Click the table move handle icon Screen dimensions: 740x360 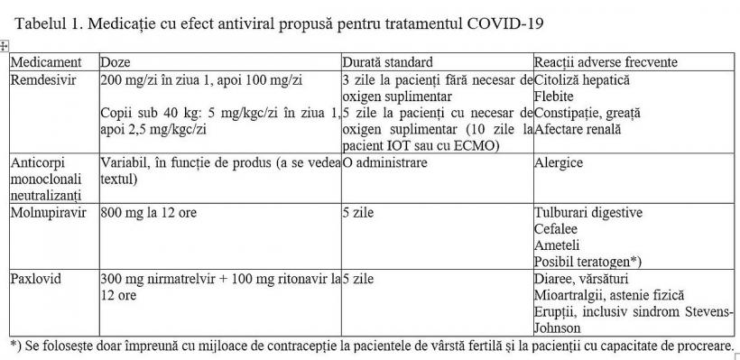tap(5, 46)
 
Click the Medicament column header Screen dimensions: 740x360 tap(46, 63)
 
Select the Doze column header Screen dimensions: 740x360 tap(116, 63)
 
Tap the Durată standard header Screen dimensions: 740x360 tap(387, 63)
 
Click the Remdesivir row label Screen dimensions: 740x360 tap(43, 80)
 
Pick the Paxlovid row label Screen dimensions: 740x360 tap(35, 279)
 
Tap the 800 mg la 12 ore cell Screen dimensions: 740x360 tap(149, 213)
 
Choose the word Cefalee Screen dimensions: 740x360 tap(557, 229)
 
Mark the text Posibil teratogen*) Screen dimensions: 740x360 tap(587, 262)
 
